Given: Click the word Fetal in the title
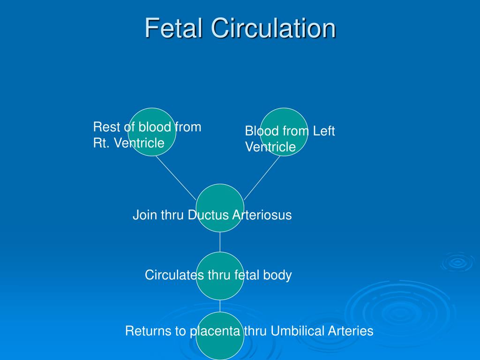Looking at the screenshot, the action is coord(173,28).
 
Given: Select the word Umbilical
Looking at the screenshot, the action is coord(297,331).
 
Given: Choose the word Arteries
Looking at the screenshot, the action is coord(351,331).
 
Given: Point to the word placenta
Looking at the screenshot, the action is coord(215,331).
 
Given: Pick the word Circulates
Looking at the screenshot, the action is coord(174,275).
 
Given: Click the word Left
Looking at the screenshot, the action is coord(324,131).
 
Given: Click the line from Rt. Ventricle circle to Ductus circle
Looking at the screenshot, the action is coord(176,177).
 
